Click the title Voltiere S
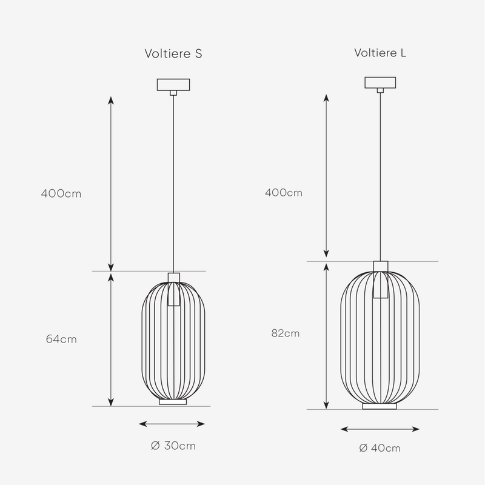(x=173, y=53)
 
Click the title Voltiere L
(x=380, y=53)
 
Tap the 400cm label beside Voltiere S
(x=61, y=194)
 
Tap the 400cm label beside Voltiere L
(x=283, y=193)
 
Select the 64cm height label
(x=61, y=339)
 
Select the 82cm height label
(x=284, y=333)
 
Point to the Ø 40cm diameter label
(x=380, y=448)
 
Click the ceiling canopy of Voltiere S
(x=173, y=85)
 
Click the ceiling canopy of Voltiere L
(x=380, y=82)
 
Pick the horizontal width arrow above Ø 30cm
(x=173, y=424)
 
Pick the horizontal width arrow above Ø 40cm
(x=380, y=429)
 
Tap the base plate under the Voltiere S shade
(x=173, y=401)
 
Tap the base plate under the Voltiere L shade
(x=380, y=406)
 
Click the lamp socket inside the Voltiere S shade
(x=173, y=291)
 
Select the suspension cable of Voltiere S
(x=173, y=182)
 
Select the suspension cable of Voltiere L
(x=380, y=176)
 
